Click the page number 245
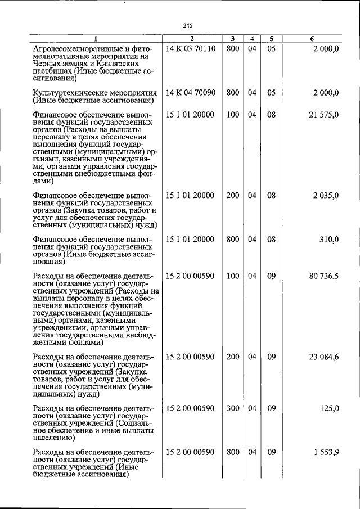point(188,24)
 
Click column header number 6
point(312,39)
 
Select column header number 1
point(96,39)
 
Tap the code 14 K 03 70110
point(191,49)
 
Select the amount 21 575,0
point(324,115)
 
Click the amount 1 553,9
point(326,452)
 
